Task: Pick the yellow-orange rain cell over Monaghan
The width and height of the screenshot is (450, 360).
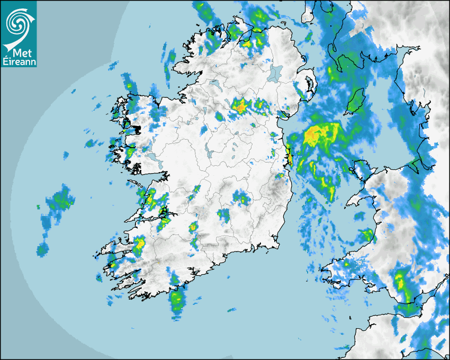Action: (240, 107)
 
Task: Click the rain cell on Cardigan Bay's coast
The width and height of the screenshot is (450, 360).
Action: (366, 235)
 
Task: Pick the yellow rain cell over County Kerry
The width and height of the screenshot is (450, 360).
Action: (139, 245)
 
